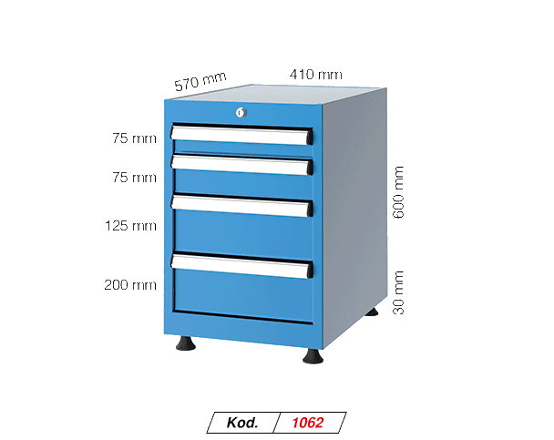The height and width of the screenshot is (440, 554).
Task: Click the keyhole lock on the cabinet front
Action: tap(240, 113)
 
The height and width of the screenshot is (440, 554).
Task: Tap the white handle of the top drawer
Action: tap(242, 136)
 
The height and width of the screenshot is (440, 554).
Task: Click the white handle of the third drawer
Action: tap(242, 206)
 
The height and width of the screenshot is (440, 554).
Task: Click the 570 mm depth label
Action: tap(200, 82)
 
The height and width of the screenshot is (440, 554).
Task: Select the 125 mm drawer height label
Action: tap(130, 225)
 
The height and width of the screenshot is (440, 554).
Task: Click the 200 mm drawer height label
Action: tap(130, 285)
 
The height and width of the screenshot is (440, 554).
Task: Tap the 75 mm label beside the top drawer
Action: tap(133, 138)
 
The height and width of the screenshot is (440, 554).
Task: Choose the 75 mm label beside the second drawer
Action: tap(133, 178)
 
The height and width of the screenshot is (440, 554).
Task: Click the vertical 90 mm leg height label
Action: tap(397, 292)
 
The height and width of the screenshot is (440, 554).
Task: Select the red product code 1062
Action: tap(308, 423)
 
